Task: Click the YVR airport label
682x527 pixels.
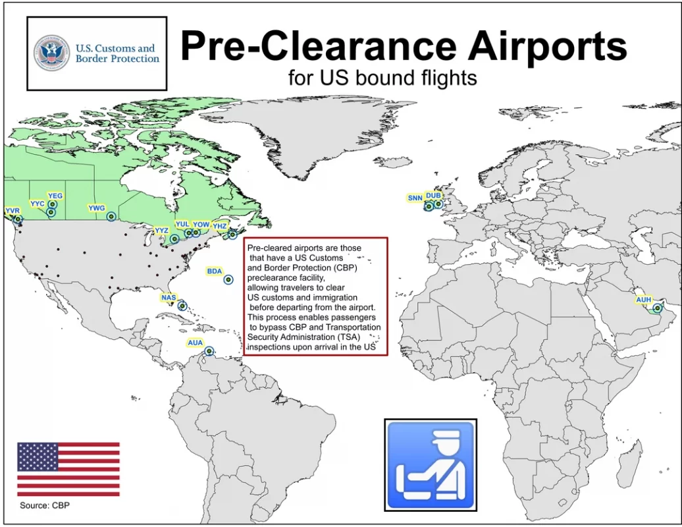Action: [13, 211]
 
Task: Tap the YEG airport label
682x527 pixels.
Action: [55, 196]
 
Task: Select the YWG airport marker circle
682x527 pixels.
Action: [111, 217]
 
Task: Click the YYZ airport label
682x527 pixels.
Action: [161, 231]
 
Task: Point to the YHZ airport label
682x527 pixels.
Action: [220, 226]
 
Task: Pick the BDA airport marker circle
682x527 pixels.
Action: [228, 279]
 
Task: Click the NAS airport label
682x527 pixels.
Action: [169, 298]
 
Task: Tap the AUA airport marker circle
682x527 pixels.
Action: [209, 351]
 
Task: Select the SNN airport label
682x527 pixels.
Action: [415, 198]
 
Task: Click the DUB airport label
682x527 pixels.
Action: [433, 196]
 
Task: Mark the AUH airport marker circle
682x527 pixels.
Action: [657, 308]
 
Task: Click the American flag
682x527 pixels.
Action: [68, 469]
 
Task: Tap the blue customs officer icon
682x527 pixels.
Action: [431, 465]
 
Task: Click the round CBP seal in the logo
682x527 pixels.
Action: [52, 53]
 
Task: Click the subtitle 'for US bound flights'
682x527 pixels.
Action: [382, 78]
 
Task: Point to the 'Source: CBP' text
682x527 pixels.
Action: [45, 505]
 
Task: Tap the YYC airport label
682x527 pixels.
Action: [38, 204]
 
